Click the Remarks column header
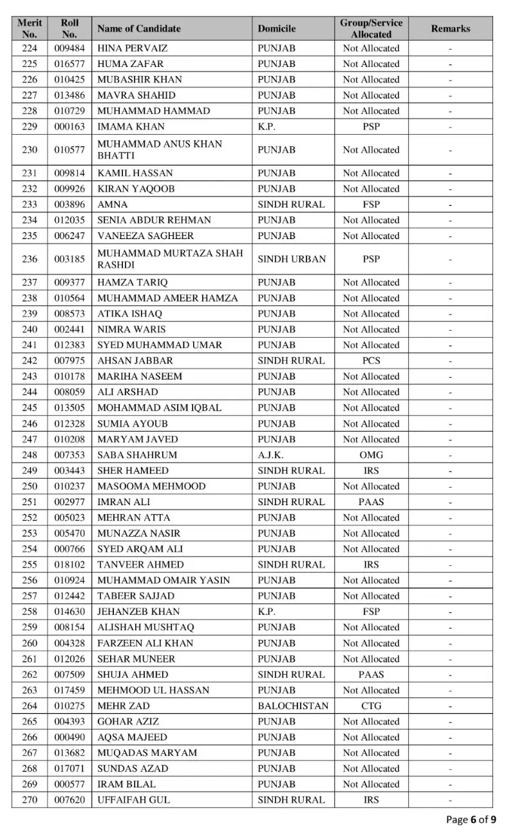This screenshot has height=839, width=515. pos(450,28)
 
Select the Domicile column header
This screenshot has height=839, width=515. pos(277,28)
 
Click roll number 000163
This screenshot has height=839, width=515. pos(70,126)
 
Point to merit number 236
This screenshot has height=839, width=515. pos(30,259)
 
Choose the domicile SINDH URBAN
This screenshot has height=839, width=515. pos(292,259)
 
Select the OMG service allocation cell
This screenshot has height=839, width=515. pos(371,455)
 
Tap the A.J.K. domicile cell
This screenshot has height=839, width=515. pos(272,455)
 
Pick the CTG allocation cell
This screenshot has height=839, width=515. pos(371,706)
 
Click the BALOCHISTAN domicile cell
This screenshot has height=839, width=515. pos(293,706)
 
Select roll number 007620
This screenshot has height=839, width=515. pos(70,800)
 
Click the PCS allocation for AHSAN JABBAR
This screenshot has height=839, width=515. pos(371,361)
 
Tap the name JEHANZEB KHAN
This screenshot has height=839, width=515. pos(138,612)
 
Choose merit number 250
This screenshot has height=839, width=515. pos(30,487)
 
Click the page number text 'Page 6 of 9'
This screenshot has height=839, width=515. pos(471,820)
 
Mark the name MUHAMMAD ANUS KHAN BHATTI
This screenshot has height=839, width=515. pos(160,149)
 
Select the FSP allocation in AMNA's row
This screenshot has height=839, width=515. pos(371,204)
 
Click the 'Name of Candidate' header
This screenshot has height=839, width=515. pos(139,28)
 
